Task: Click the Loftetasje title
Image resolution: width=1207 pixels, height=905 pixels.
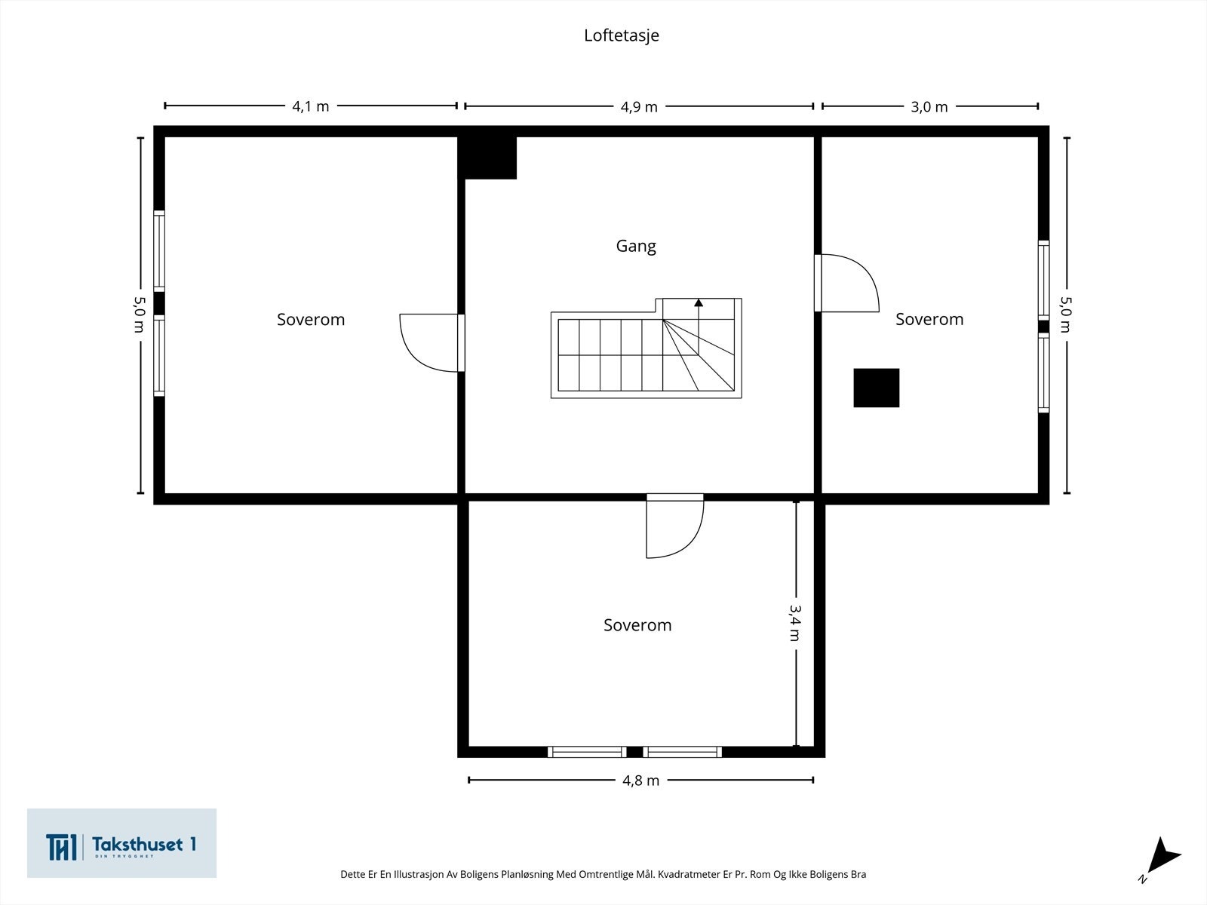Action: [x=622, y=35]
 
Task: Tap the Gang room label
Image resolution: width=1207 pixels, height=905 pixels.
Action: [x=636, y=246]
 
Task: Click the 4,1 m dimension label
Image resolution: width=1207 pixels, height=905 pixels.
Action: [x=310, y=106]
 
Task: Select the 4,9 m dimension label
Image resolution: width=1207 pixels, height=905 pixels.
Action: [x=639, y=106]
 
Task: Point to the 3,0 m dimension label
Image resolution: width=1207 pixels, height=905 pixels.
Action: [x=929, y=106]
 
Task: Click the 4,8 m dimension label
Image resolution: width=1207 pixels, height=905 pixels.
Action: [x=640, y=781]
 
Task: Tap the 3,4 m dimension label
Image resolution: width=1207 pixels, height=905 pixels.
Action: [x=795, y=623]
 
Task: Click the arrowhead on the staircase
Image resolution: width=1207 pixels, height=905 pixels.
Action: [x=699, y=302]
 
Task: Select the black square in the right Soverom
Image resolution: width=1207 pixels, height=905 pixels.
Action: [x=876, y=388]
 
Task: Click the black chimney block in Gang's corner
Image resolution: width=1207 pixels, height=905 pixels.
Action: [x=487, y=157]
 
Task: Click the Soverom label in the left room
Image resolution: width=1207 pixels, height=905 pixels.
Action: [x=311, y=319]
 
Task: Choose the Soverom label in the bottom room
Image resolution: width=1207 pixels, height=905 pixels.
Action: [x=637, y=624]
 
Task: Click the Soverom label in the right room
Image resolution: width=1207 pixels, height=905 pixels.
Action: [x=929, y=319]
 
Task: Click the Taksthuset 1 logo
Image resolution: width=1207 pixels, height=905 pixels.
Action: [x=121, y=843]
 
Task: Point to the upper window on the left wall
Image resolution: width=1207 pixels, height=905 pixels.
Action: [x=159, y=251]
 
